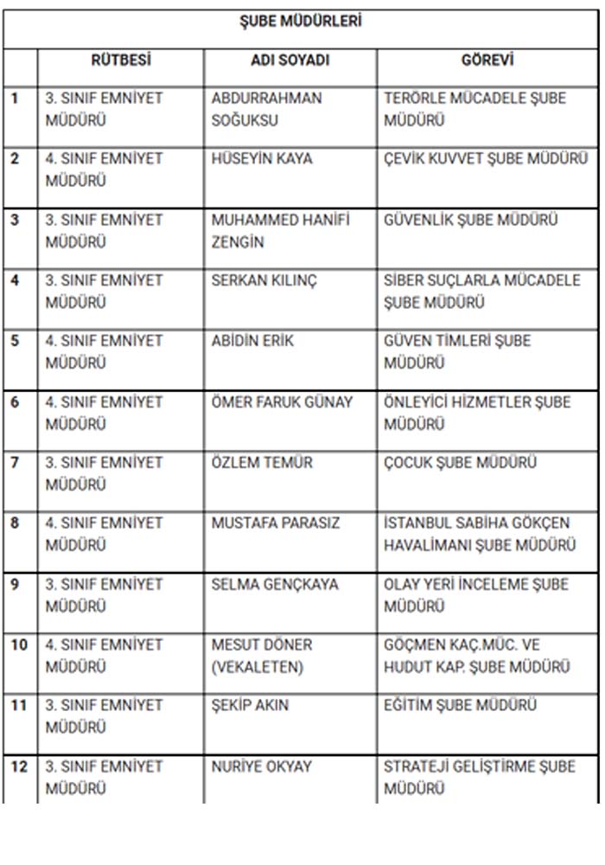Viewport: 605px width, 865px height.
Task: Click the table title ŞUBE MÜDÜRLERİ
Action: coord(300,22)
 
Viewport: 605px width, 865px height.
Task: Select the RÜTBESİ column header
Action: coord(121,61)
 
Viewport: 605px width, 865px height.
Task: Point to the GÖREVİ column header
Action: coord(487,61)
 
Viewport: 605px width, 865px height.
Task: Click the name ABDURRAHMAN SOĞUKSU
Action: coord(266,109)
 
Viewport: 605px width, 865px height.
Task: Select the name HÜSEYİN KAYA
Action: coord(262,158)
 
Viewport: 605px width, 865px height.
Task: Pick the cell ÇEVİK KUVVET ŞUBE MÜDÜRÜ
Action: coord(486,158)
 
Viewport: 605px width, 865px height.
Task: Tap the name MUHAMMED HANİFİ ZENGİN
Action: coord(281,230)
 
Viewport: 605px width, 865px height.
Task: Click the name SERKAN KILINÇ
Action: coord(264,280)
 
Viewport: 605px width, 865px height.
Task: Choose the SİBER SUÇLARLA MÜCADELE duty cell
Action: coord(481,292)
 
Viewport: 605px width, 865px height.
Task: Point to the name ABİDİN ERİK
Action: coord(252,341)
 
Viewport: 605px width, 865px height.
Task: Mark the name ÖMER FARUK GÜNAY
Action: coord(282,401)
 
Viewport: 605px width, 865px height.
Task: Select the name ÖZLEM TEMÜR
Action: coord(262,462)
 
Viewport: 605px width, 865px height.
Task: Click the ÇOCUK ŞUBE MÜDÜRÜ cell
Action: coord(460,462)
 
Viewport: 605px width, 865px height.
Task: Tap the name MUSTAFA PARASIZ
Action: coord(276,522)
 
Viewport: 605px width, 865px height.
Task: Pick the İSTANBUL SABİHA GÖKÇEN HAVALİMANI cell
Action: coord(480,534)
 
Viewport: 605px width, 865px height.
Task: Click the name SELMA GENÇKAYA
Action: coord(275,584)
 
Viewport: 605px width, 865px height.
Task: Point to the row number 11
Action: coord(19,705)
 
